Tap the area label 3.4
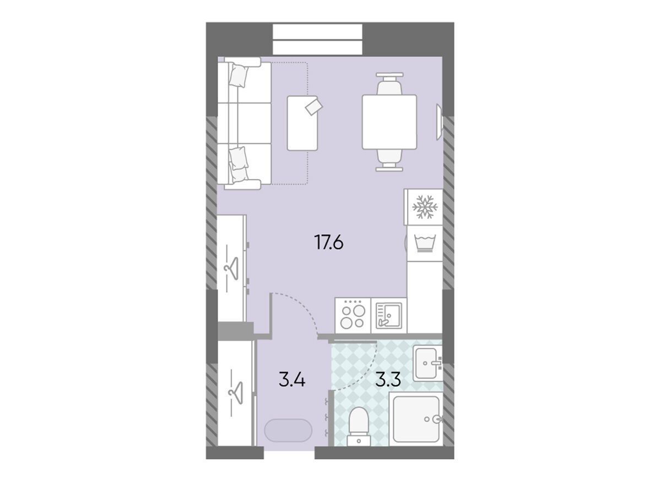pos(292,379)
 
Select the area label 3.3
pos(388,379)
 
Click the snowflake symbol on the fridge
pos(424,207)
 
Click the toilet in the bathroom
pos(359,426)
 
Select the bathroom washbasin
pos(427,363)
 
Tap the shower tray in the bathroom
pos(415,419)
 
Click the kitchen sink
pos(388,316)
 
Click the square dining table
pos(389,122)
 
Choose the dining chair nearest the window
pos(389,84)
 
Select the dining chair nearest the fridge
pos(389,160)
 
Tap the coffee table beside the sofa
pos(302,123)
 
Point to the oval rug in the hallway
pos(288,430)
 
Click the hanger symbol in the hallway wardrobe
pos(236,393)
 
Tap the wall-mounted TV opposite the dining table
pos(440,122)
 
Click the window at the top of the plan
pos(317,40)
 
